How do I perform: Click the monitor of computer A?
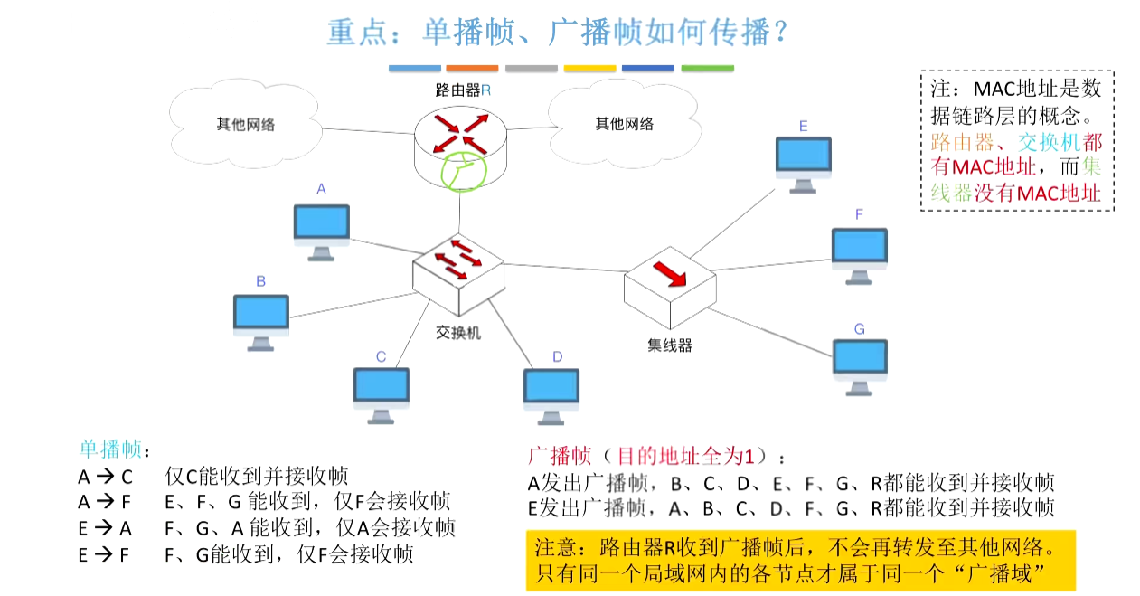[322, 232]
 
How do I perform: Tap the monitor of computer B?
[261, 322]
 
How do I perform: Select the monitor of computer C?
[382, 395]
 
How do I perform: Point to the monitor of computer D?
[551, 396]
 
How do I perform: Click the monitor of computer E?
[803, 165]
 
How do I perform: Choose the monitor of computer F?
[860, 256]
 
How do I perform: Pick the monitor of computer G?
[860, 367]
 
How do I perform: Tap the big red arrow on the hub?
[670, 274]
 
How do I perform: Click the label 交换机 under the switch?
[458, 333]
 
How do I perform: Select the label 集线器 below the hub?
[670, 345]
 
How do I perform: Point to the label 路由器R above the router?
[463, 90]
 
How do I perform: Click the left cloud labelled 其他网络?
[245, 124]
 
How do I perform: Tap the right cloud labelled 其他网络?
[625, 124]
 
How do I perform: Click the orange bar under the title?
[472, 68]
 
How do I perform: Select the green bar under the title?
[707, 68]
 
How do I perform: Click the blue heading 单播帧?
[110, 449]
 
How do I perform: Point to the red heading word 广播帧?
[560, 456]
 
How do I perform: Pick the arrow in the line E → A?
[104, 527]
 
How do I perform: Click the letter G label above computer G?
[860, 329]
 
